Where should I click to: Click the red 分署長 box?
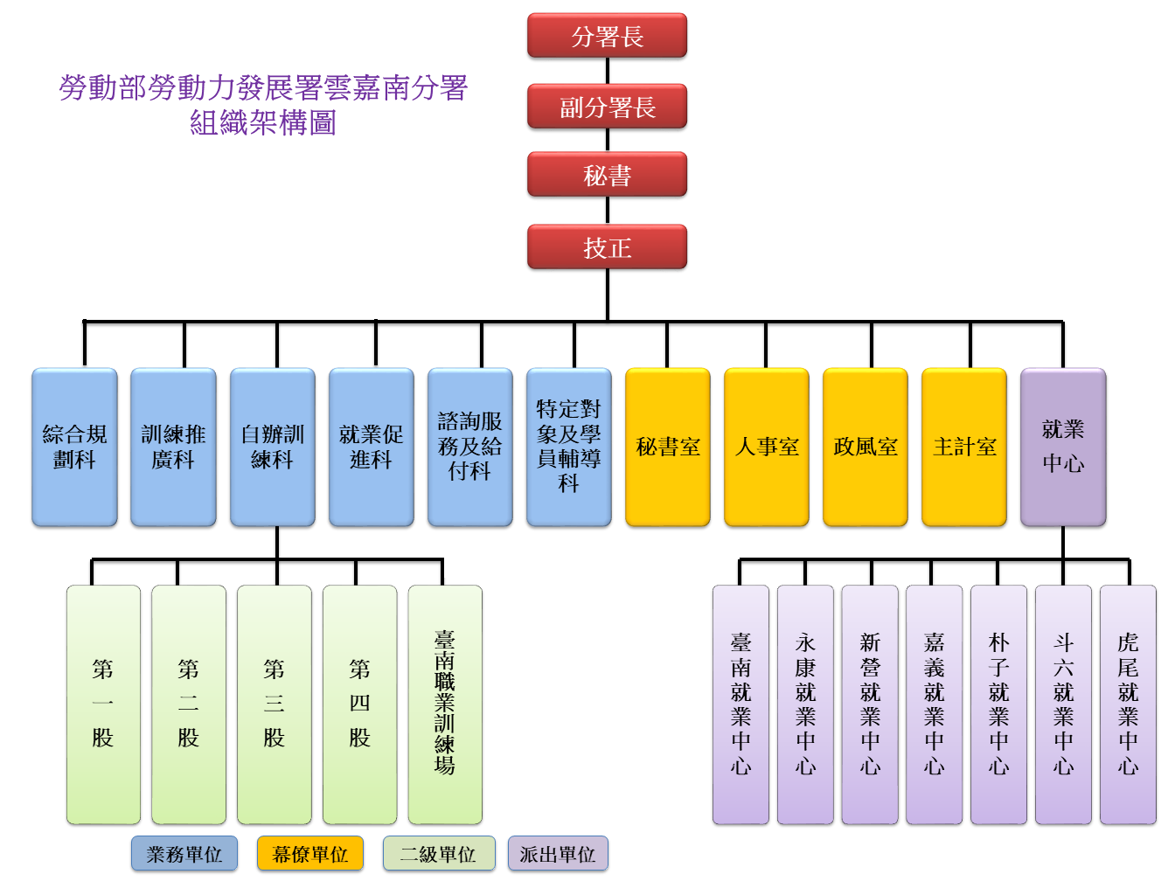pyautogui.click(x=607, y=36)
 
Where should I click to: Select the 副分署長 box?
pyautogui.click(x=607, y=107)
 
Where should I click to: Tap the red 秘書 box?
pyautogui.click(x=607, y=175)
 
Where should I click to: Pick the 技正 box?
pyautogui.click(x=607, y=247)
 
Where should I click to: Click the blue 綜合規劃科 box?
pyautogui.click(x=74, y=447)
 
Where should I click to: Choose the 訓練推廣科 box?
pyautogui.click(x=173, y=447)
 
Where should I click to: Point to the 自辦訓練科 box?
pyautogui.click(x=272, y=447)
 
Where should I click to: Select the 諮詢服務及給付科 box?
pyautogui.click(x=470, y=447)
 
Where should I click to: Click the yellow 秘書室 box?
pyautogui.click(x=668, y=447)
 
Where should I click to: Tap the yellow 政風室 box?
pyautogui.click(x=866, y=447)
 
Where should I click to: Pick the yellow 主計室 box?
pyautogui.click(x=964, y=447)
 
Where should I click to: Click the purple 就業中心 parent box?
pyautogui.click(x=1063, y=447)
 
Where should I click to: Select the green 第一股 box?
pyautogui.click(x=103, y=704)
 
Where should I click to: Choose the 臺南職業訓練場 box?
pyautogui.click(x=445, y=704)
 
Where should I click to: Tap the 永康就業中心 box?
pyautogui.click(x=805, y=704)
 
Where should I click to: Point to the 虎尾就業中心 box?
pyautogui.click(x=1128, y=704)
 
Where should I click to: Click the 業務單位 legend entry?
pyautogui.click(x=184, y=854)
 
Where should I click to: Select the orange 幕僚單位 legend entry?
pyautogui.click(x=310, y=854)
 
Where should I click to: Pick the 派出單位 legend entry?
pyautogui.click(x=558, y=854)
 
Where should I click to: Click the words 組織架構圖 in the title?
pyautogui.click(x=263, y=123)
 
